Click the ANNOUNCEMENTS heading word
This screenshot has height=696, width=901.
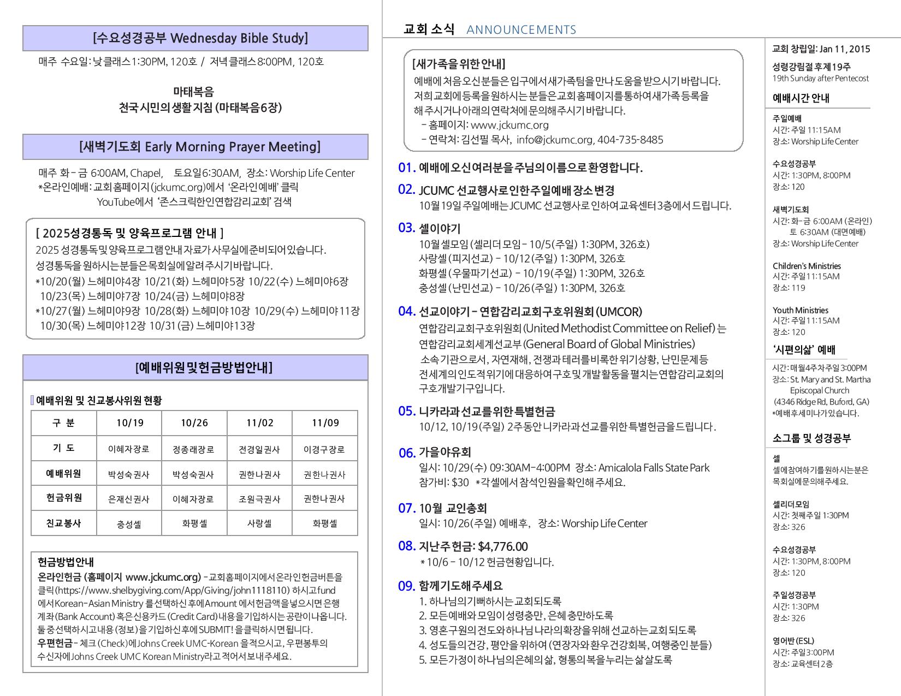[521, 30]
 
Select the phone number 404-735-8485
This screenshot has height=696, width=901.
[630, 140]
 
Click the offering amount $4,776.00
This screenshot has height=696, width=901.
[502, 546]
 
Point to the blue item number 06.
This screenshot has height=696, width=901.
[407, 453]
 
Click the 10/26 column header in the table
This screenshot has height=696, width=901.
[194, 423]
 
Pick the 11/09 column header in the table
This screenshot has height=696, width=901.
[325, 423]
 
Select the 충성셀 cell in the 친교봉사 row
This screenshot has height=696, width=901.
[129, 524]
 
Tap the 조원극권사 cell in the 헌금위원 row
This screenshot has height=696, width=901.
[259, 499]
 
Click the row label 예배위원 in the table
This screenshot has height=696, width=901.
[63, 473]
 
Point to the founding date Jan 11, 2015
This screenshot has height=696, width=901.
[845, 49]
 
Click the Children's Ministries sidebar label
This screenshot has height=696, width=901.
[807, 266]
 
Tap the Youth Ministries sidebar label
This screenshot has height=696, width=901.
[800, 310]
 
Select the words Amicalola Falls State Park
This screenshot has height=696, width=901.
[654, 468]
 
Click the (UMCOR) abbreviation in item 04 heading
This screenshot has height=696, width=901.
[619, 312]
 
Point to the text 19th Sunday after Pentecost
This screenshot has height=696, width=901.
[820, 79]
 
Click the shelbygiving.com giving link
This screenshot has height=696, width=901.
[173, 591]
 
